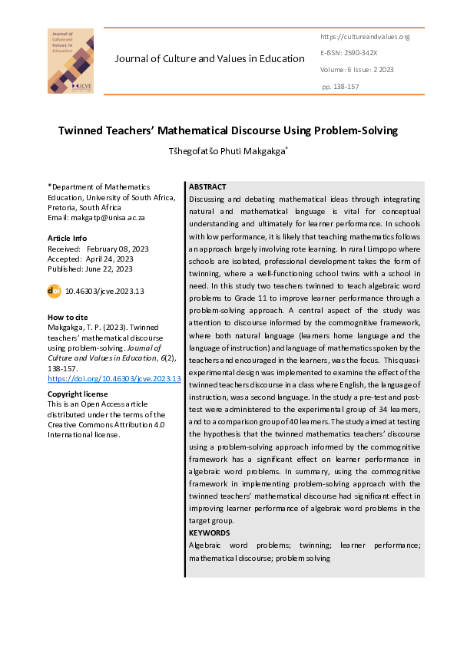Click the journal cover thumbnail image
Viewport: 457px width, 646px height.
(71, 61)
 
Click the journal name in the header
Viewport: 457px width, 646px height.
(210, 59)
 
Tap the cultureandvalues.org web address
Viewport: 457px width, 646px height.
(365, 37)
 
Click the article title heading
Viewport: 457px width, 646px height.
(228, 130)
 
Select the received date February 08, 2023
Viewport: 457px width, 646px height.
(118, 249)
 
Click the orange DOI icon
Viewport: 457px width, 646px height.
(55, 291)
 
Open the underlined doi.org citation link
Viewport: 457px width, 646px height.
(114, 378)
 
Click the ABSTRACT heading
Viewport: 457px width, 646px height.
(207, 187)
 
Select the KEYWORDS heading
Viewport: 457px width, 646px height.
(209, 532)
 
